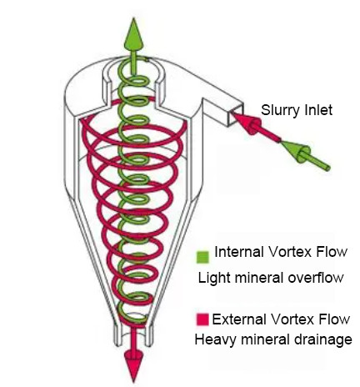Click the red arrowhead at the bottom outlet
[x=134, y=365]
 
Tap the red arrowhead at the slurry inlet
[x=247, y=123]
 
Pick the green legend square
[x=202, y=257]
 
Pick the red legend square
[x=202, y=319]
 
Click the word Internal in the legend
[x=239, y=252]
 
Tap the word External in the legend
[x=239, y=319]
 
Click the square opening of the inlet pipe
[x=236, y=114]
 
